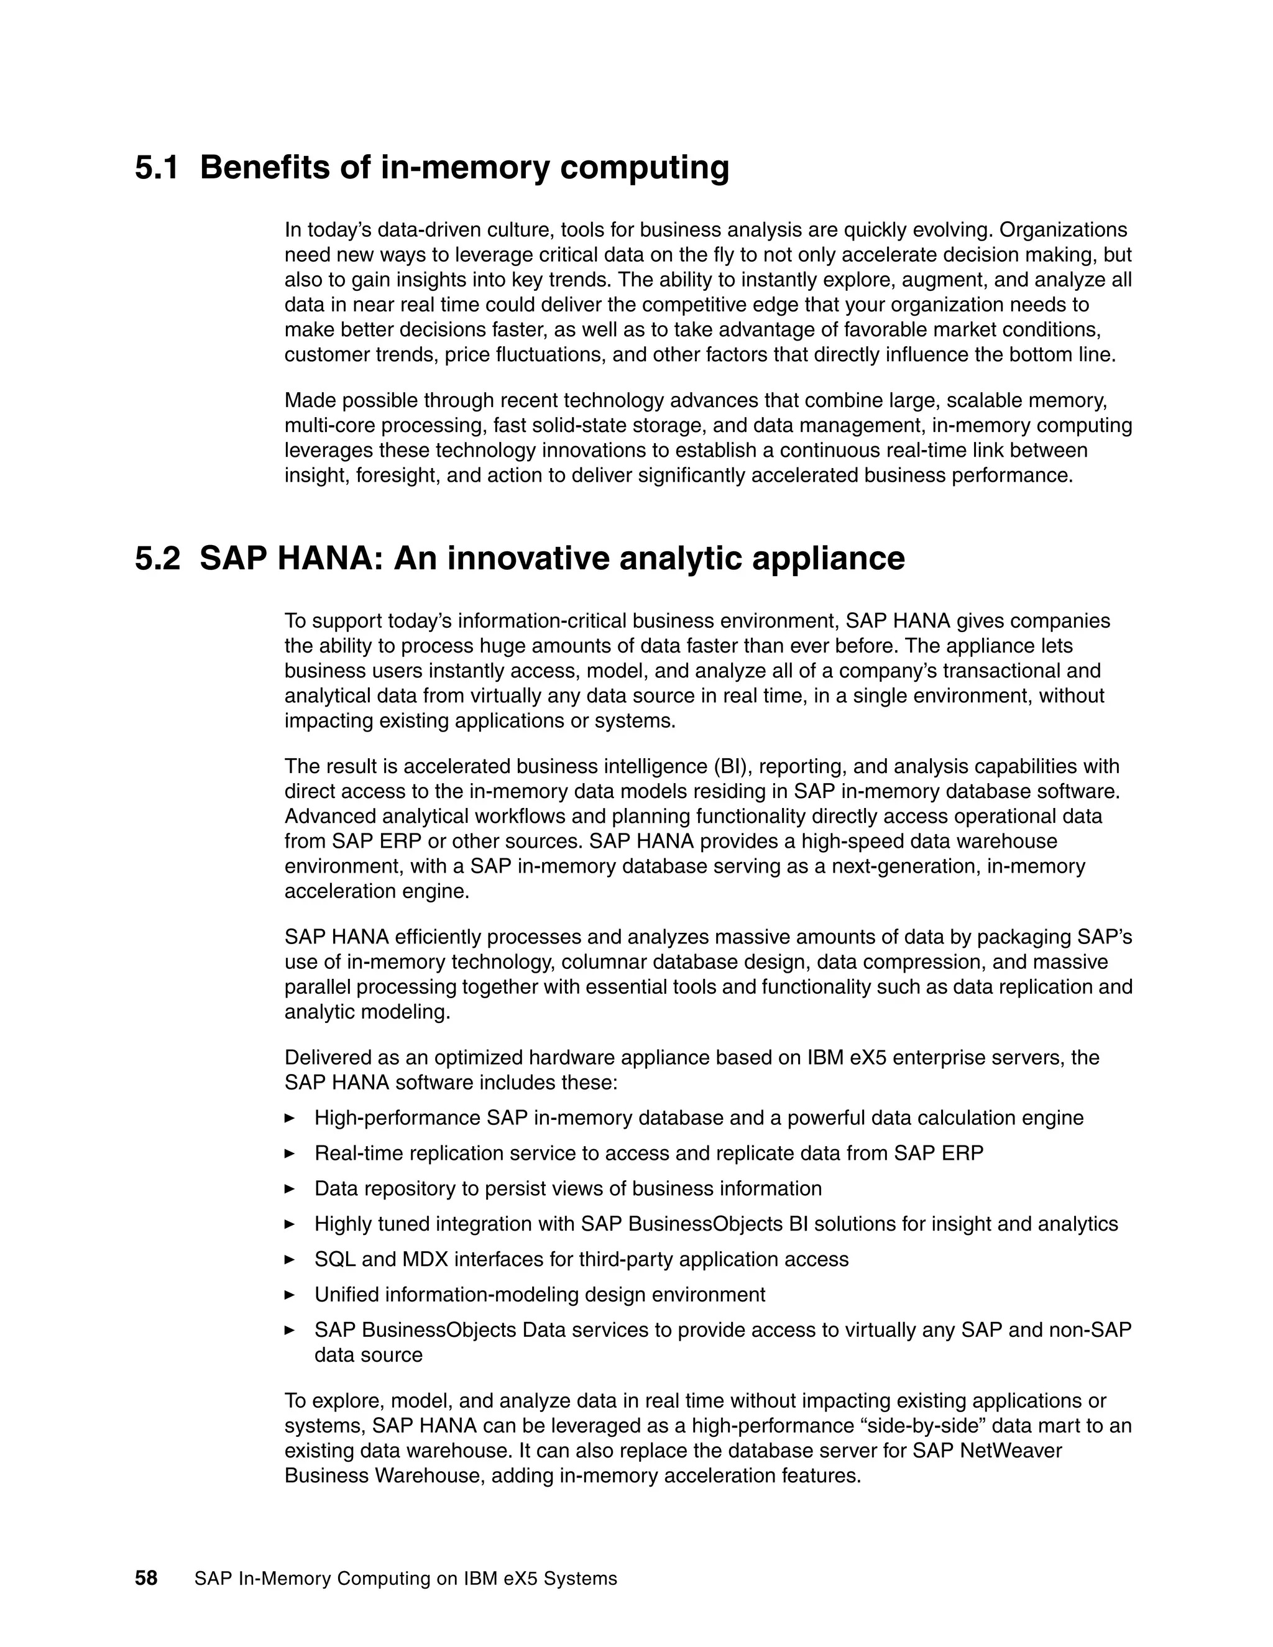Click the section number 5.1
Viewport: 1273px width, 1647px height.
(157, 167)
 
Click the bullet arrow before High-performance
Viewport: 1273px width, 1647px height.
(289, 1118)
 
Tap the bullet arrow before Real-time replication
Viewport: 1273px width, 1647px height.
(289, 1154)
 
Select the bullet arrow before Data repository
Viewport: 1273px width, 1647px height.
(289, 1189)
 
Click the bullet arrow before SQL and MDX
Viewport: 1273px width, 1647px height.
(289, 1260)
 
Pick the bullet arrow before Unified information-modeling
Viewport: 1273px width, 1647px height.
(289, 1296)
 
